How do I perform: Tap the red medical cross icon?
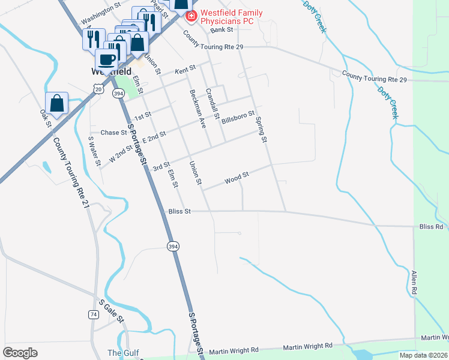point(191,15)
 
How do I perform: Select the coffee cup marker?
point(107,59)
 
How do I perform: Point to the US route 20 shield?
point(97,88)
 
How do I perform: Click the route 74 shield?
point(93,314)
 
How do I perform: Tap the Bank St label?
point(221,29)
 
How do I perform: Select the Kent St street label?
point(185,71)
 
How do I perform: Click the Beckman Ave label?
point(197,110)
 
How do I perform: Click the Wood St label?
point(237,178)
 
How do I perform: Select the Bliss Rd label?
point(431,227)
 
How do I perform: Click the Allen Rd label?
point(414,283)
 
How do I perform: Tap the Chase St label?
point(113,133)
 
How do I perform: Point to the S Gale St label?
point(111,311)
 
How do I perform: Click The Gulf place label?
point(122,352)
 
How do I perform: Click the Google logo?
point(20,352)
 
